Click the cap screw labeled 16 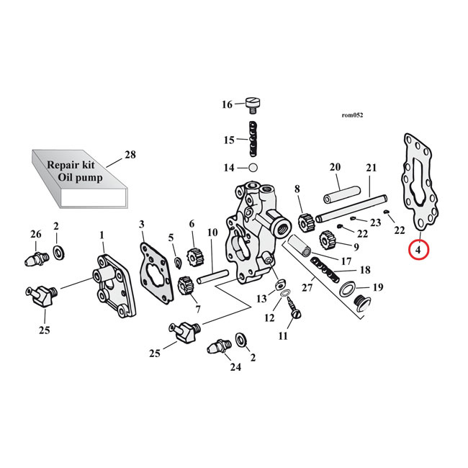(x=253, y=105)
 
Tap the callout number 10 (x=212, y=233)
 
